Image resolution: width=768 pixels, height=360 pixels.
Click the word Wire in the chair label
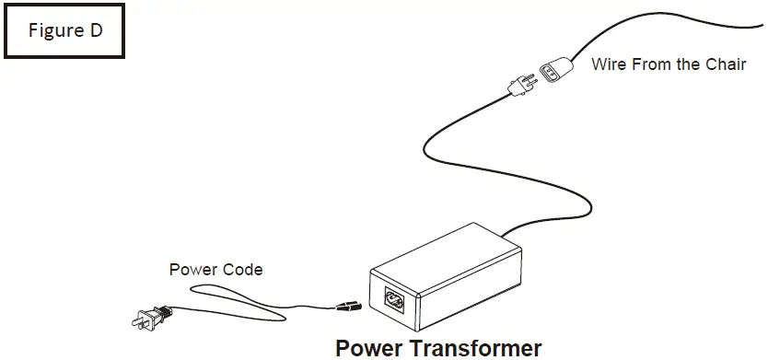608,64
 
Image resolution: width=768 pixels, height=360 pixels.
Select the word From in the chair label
650,64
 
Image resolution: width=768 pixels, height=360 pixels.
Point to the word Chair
726,64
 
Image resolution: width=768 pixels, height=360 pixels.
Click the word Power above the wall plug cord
191,270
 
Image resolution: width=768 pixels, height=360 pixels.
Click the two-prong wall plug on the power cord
148,317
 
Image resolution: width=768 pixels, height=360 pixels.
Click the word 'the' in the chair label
687,64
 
